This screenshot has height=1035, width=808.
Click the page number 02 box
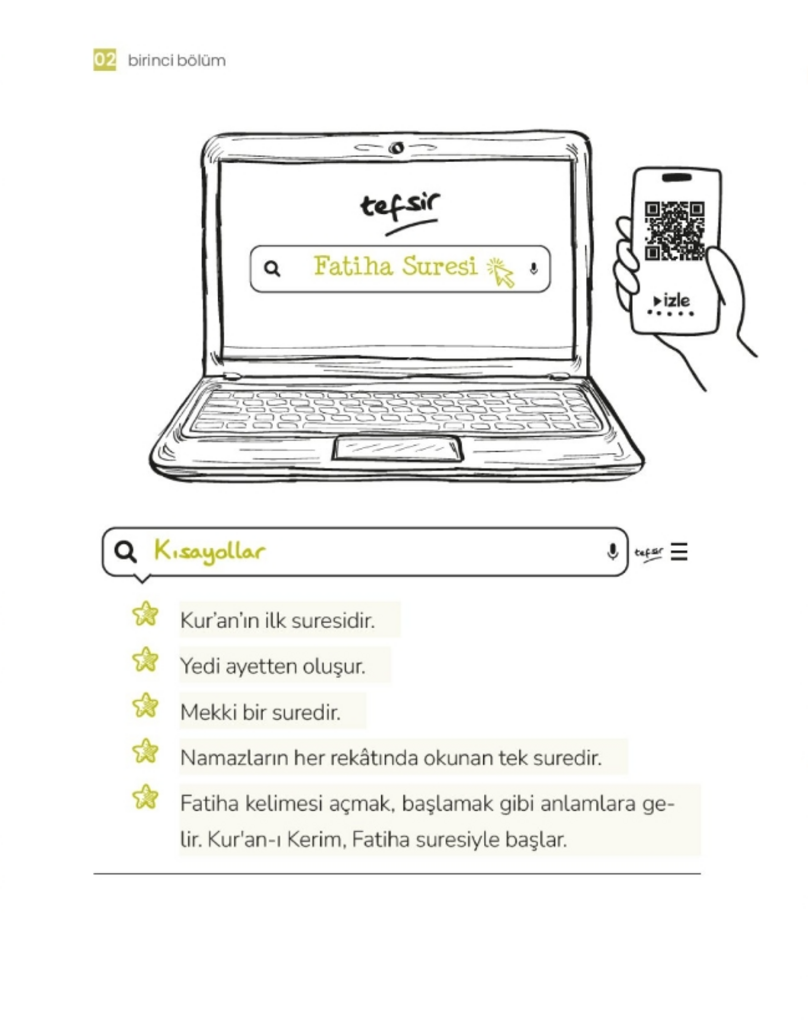pos(105,60)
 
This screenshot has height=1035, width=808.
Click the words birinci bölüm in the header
pos(176,61)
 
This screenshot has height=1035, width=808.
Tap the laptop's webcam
pos(396,148)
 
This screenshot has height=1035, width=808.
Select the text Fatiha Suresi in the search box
pos(395,266)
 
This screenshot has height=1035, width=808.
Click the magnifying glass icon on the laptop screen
pos(272,269)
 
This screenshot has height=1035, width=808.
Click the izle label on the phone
pos(673,301)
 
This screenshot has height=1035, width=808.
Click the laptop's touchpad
pos(397,448)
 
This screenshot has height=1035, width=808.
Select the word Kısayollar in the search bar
pos(210,551)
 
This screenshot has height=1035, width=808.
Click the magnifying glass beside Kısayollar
pos(125,551)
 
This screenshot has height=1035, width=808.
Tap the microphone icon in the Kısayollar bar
pos(612,551)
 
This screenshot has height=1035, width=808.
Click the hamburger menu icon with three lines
pos(679,551)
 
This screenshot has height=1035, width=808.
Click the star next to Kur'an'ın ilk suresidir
pos(145,615)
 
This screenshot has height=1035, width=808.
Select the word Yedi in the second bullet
pos(199,667)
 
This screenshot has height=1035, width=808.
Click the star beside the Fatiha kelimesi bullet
pos(145,797)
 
